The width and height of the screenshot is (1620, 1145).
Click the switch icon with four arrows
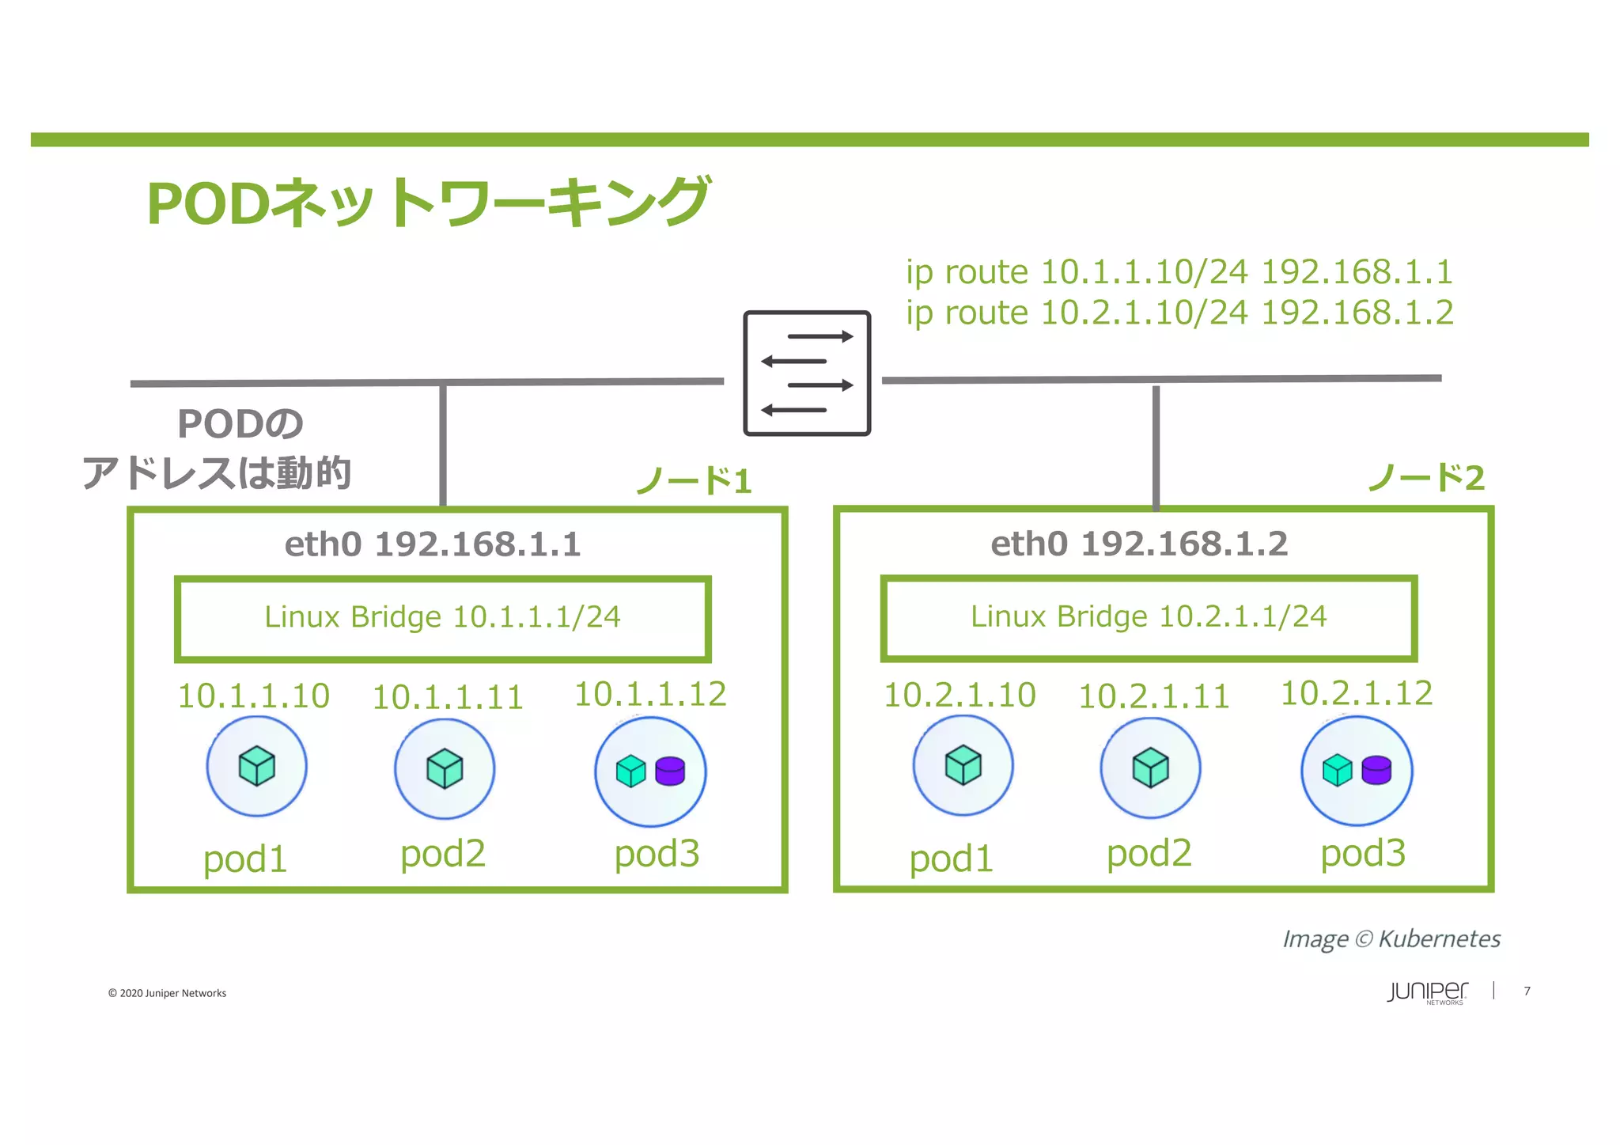point(806,373)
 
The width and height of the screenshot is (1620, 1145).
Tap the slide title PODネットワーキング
point(428,203)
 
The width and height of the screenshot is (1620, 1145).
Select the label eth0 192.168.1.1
point(433,544)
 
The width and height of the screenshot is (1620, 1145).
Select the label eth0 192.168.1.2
point(1139,544)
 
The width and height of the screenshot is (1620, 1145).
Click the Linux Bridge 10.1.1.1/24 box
point(442,618)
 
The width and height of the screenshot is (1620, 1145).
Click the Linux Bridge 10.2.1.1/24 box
point(1149,617)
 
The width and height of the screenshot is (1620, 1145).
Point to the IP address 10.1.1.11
point(448,697)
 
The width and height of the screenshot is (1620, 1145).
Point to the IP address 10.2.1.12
point(1356,693)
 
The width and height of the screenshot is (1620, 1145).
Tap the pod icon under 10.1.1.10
point(256,766)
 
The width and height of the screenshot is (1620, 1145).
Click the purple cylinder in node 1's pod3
point(670,771)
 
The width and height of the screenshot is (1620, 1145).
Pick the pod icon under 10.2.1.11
point(1150,768)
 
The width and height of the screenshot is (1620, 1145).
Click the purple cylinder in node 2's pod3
point(1376,770)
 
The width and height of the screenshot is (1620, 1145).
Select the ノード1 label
point(694,480)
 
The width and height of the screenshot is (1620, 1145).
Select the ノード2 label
point(1425,477)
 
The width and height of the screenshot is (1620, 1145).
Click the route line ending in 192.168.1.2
point(1179,313)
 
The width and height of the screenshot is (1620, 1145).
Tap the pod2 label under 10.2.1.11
point(1149,853)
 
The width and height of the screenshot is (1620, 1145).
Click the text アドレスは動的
point(217,473)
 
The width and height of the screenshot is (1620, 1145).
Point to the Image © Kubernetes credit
point(1391,939)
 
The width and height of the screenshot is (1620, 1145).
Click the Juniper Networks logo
point(1427,992)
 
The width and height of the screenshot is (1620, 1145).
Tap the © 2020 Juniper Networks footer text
point(167,993)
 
